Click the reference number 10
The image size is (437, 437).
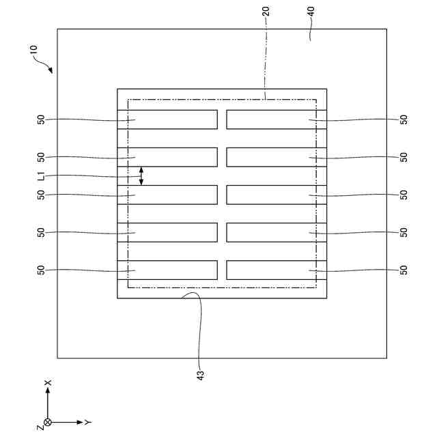[34, 51]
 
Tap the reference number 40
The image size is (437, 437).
[311, 12]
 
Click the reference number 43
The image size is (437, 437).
[200, 374]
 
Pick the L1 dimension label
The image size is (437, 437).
[41, 176]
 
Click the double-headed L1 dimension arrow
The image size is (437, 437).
[141, 176]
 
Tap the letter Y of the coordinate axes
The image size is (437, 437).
[89, 423]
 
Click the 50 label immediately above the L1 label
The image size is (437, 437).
[41, 157]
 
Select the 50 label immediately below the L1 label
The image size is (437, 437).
[41, 195]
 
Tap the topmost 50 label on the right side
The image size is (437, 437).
[404, 119]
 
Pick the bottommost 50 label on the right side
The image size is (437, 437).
[404, 270]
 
